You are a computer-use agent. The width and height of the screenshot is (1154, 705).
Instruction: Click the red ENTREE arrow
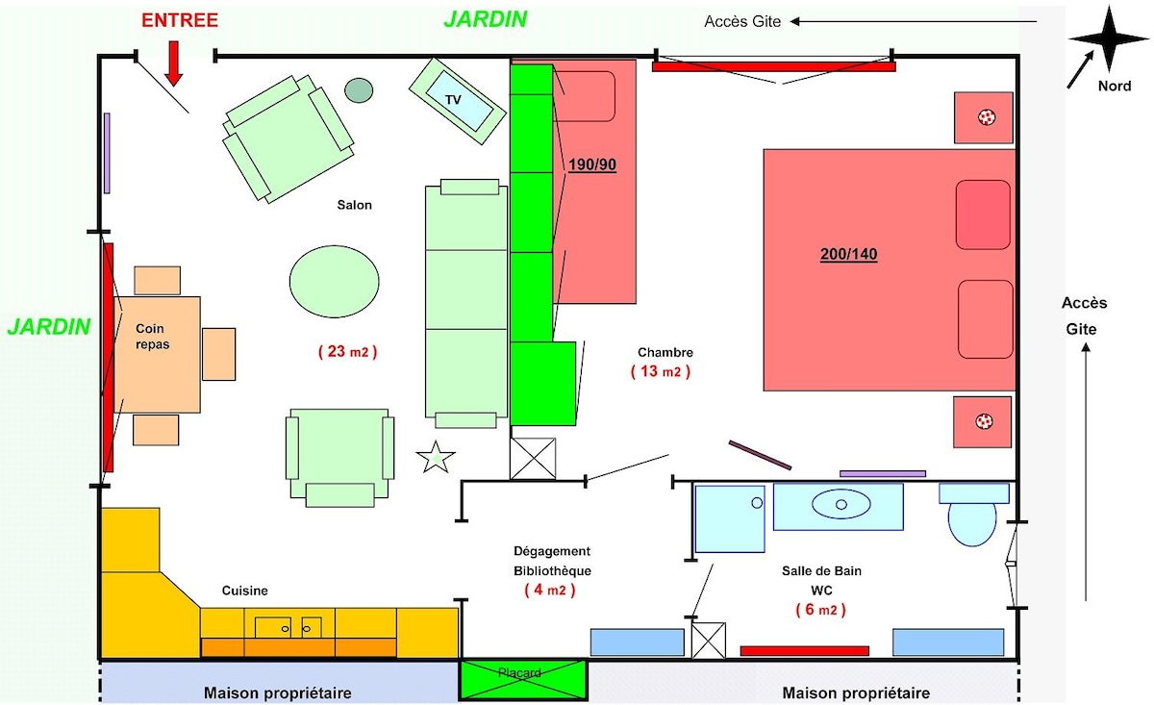174,63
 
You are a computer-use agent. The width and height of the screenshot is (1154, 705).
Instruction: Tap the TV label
453,99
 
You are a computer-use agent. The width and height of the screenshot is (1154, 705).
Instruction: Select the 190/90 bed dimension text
592,164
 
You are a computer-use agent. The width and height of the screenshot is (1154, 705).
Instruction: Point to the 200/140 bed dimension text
848,254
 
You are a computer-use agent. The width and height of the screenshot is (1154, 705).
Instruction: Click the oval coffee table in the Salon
335,282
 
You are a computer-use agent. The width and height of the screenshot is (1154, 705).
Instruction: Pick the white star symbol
436,457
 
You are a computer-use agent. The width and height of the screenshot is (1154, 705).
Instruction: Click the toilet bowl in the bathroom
972,523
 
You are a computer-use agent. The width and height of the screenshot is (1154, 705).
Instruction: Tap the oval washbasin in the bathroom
841,504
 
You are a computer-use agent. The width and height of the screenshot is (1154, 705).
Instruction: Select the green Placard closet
523,679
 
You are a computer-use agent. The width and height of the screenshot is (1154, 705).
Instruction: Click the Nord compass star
1109,38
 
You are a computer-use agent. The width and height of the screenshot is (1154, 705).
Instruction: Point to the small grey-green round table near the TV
359,90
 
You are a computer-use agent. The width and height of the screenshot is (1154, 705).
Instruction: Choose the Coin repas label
153,336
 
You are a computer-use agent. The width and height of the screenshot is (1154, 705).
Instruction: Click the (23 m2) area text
348,351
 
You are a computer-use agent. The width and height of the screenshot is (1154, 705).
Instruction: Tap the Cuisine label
244,591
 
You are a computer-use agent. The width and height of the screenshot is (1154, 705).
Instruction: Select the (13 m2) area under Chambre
661,371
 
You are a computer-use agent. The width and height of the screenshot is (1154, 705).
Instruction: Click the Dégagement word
552,551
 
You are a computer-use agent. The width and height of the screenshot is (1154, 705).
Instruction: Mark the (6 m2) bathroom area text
820,610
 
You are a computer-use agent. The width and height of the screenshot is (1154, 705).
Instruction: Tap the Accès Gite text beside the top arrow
742,22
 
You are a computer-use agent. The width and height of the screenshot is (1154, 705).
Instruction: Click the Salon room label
355,205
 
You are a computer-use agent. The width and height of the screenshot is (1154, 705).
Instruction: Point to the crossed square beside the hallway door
533,459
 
